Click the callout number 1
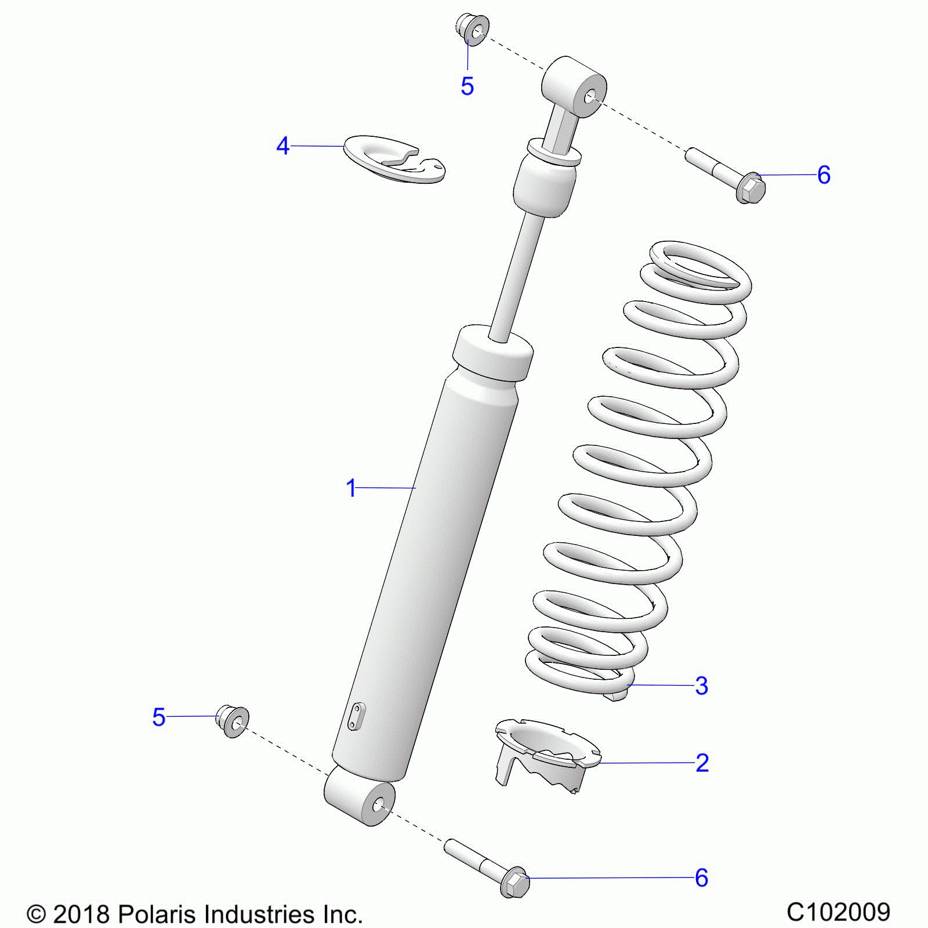tap(351, 488)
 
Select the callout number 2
tap(702, 763)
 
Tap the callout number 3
tap(702, 686)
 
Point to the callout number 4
tap(282, 146)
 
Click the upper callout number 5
tap(467, 86)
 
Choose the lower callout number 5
tap(159, 717)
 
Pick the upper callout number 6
tap(824, 175)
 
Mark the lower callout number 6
tap(702, 878)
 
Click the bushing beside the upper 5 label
tap(472, 30)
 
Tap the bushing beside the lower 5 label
tap(233, 721)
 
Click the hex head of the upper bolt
tap(751, 188)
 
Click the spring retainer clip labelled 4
tap(394, 159)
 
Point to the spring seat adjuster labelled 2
tap(545, 754)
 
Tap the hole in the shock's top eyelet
tap(589, 97)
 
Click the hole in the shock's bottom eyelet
tap(378, 805)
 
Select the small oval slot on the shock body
tap(356, 717)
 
